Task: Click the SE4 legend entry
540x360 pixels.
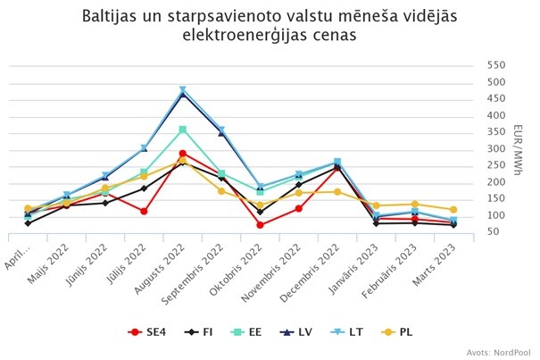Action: tap(147, 332)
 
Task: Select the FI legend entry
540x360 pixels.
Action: tap(198, 332)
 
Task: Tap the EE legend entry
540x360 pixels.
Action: tap(245, 332)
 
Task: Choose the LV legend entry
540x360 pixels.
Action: tap(295, 332)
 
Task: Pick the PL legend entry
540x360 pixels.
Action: tap(397, 332)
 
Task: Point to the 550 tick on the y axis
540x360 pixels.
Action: tap(496, 65)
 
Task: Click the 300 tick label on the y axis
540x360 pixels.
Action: tap(496, 149)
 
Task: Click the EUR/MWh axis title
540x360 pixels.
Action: tap(518, 150)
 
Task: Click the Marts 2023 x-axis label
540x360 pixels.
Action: tap(435, 264)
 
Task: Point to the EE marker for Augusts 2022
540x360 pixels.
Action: tap(183, 130)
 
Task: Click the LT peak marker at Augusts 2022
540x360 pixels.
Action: tap(183, 90)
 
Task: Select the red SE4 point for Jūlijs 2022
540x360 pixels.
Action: tap(144, 211)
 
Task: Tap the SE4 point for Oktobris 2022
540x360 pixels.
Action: tap(260, 225)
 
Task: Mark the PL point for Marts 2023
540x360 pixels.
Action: tap(453, 209)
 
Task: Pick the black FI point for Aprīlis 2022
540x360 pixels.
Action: tap(28, 223)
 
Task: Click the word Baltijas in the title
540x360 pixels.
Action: tap(107, 17)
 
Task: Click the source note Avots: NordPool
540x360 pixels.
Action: tap(498, 353)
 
